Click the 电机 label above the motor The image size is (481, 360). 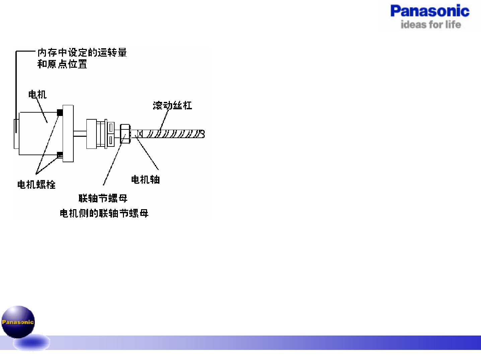point(37,95)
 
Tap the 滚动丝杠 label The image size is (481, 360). point(172,106)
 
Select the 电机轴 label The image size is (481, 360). point(145,180)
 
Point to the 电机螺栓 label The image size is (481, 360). point(36,184)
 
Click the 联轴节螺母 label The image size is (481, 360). point(103,198)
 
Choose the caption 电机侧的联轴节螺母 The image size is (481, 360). point(104,213)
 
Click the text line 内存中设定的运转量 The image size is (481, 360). point(82,53)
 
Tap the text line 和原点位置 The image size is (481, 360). point(62,64)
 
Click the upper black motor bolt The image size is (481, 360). point(60,112)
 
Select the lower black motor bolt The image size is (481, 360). point(60,155)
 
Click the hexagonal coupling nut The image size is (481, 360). point(125,134)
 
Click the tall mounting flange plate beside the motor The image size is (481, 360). point(68,133)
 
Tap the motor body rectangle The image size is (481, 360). point(39,133)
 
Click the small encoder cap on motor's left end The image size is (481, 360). point(16,133)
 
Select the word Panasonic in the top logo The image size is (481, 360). point(430,11)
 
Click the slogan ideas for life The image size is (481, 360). point(430,24)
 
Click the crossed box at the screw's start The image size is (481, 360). point(140,134)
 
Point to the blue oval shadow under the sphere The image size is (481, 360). point(32,343)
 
